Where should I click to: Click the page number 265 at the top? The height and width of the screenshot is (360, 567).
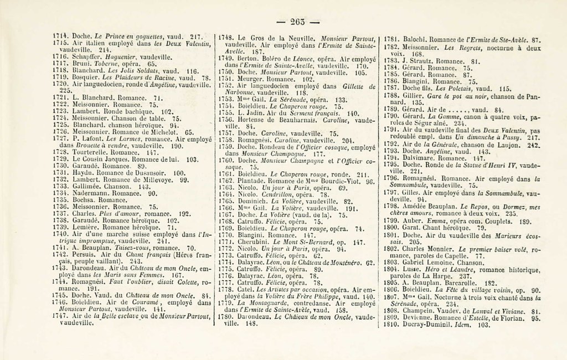298,22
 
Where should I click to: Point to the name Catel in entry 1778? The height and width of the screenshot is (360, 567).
248,289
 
